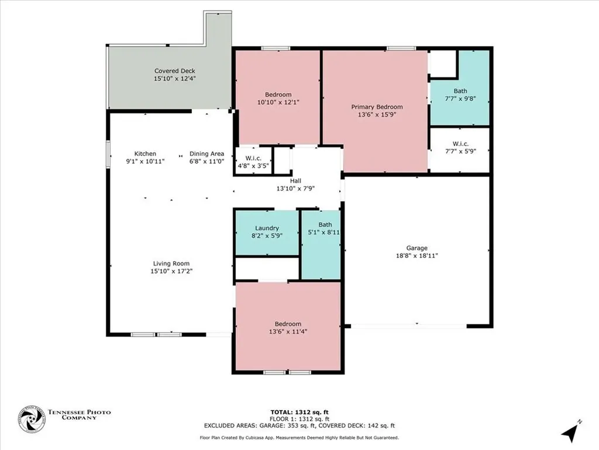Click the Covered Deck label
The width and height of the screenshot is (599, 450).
174,71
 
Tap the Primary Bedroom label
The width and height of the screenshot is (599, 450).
377,107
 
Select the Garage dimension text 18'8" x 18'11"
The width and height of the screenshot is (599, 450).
417,255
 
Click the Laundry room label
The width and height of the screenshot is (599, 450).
267,228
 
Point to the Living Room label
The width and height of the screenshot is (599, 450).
171,264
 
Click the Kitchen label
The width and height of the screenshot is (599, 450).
145,154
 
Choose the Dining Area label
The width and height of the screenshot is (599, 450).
206,154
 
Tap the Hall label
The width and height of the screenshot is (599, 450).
296,181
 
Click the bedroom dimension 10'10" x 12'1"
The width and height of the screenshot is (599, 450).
278,103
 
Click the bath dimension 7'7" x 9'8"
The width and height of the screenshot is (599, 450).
460,98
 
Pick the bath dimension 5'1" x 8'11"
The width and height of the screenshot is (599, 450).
324,233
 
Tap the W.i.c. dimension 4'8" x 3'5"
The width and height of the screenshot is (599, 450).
253,166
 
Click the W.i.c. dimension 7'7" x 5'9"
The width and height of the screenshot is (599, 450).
460,151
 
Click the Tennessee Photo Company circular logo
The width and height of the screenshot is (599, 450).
32,419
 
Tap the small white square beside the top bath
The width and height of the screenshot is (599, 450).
443,64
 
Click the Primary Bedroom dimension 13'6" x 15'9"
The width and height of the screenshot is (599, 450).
377,115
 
